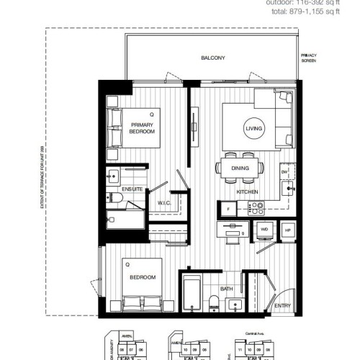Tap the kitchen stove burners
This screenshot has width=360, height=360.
coord(256,207)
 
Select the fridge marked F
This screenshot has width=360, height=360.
coord(228,208)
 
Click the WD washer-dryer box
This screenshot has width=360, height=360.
coord(264,229)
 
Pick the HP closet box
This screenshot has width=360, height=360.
coord(289,229)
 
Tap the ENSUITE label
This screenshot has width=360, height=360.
coord(132,189)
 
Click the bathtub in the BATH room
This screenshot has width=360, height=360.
coord(192,293)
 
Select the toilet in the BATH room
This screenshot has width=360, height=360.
coord(215,300)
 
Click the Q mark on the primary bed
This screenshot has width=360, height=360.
coord(151,114)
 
